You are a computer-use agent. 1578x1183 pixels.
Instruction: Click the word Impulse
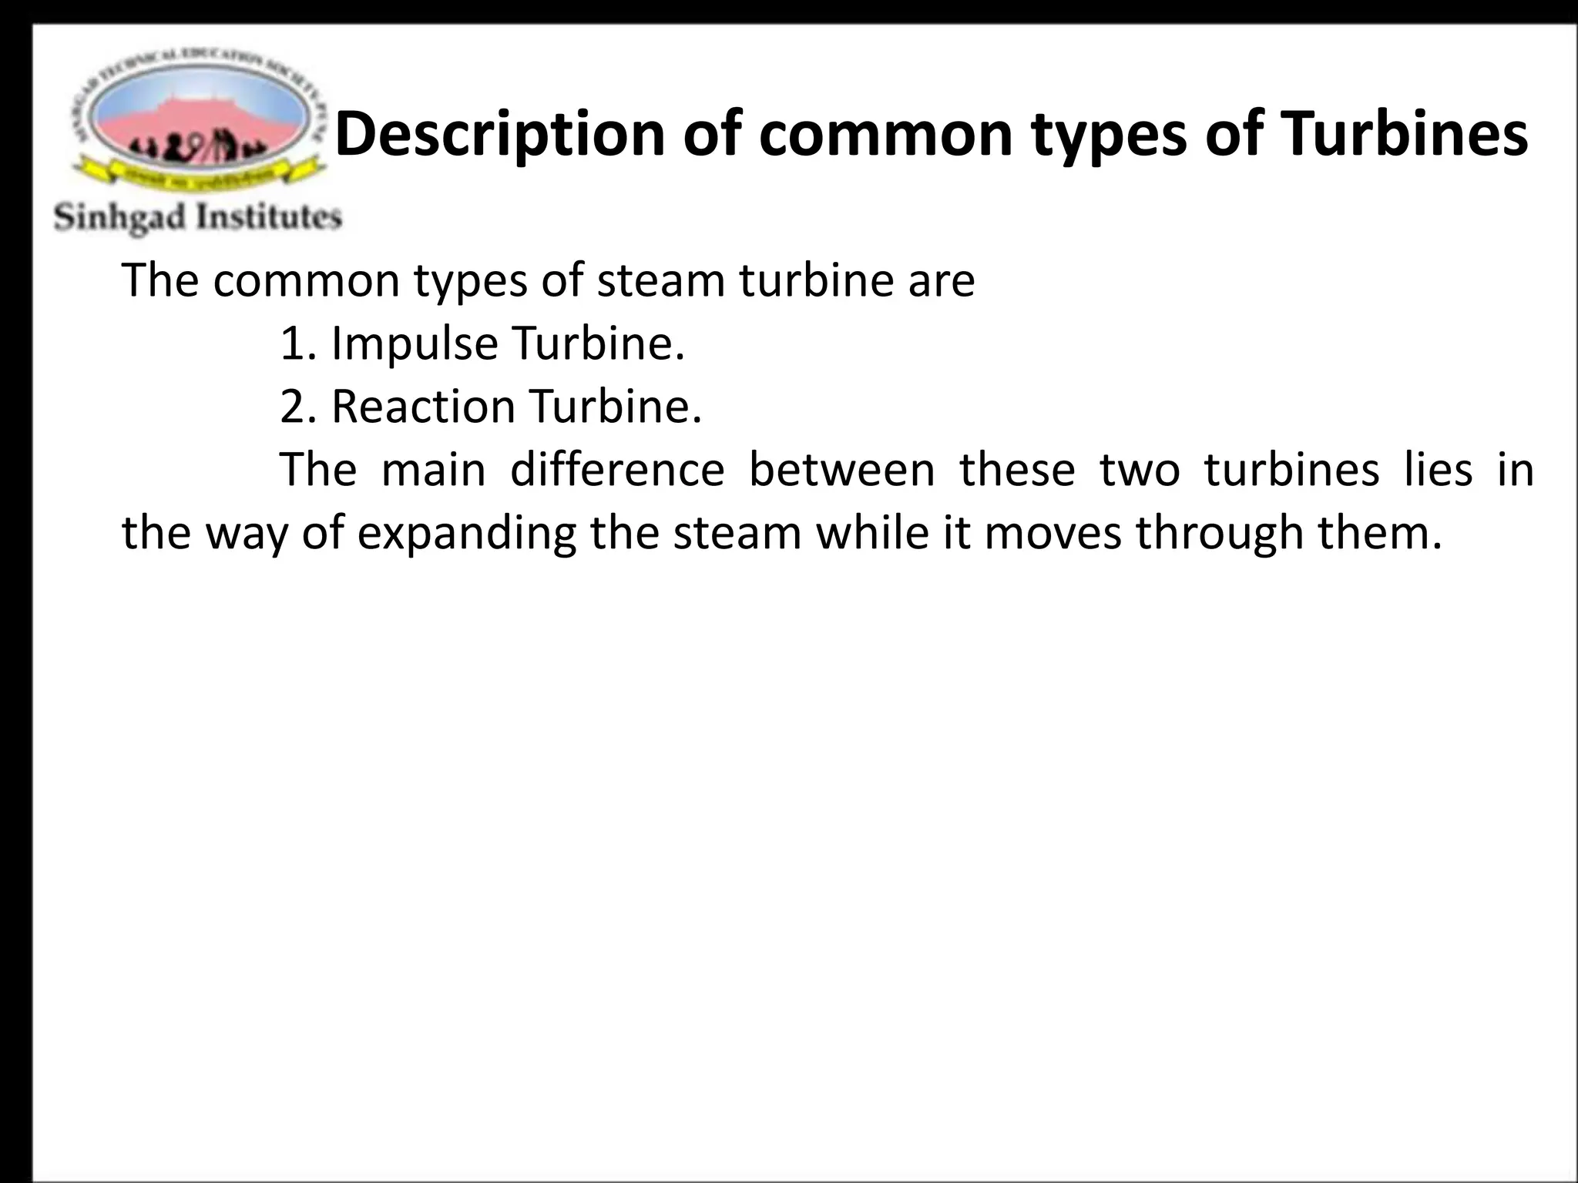(x=413, y=344)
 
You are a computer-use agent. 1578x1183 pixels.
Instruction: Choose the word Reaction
(x=422, y=407)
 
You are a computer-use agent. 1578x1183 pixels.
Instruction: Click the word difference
(x=616, y=470)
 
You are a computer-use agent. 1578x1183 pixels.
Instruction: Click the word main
(x=433, y=470)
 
